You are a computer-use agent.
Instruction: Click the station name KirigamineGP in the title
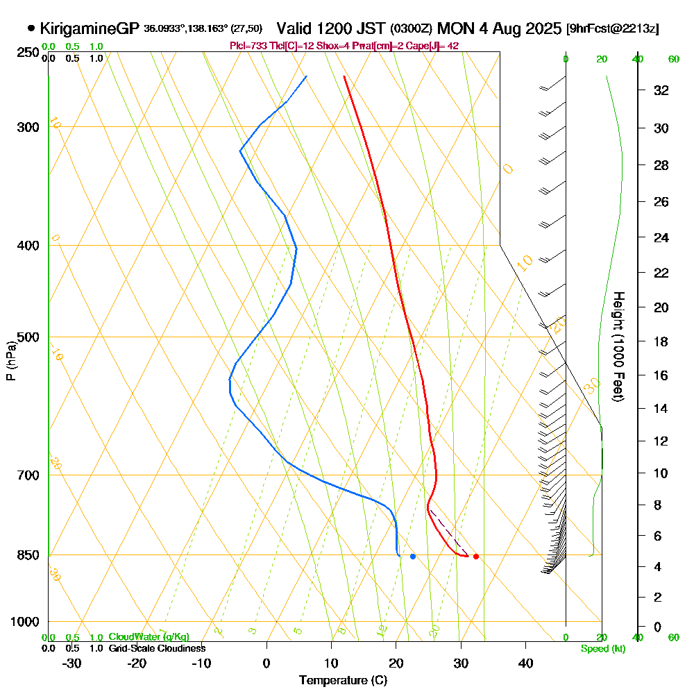click(90, 28)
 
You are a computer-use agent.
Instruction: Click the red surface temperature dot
click(475, 556)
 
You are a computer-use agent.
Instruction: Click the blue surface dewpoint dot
click(413, 556)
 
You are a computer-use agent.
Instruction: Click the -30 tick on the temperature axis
click(72, 663)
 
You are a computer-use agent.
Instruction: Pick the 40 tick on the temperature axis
click(525, 663)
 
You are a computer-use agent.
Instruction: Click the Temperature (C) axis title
click(343, 681)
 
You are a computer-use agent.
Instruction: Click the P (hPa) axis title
click(10, 361)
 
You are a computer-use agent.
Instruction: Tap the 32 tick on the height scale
click(661, 90)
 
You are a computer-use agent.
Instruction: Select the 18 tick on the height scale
click(661, 341)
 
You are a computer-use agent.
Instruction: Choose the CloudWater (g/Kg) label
click(149, 637)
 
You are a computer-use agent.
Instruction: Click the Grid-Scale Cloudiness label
click(156, 648)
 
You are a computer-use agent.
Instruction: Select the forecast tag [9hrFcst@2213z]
click(612, 29)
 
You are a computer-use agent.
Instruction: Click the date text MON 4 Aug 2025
click(500, 28)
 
